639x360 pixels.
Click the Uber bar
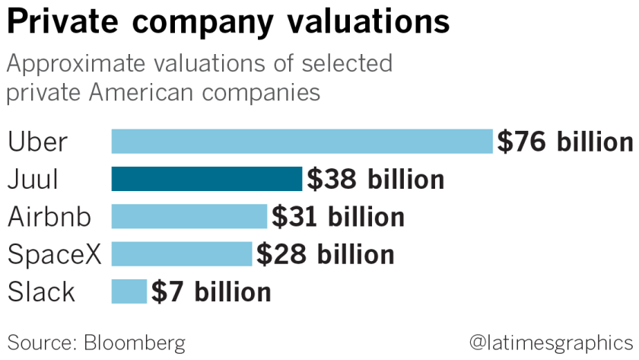302,142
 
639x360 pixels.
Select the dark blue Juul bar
207,180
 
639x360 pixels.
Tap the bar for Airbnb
189,217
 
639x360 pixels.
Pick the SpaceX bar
181,254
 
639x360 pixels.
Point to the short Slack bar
129,292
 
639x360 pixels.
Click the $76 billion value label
564,142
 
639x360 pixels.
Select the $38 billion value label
375,180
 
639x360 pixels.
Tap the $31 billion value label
338,217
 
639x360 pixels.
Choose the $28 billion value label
325,254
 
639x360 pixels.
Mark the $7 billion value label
211,292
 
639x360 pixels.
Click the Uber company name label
38,142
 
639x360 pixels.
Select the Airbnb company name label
49,217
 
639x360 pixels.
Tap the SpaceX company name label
53,254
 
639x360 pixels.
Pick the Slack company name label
42,292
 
